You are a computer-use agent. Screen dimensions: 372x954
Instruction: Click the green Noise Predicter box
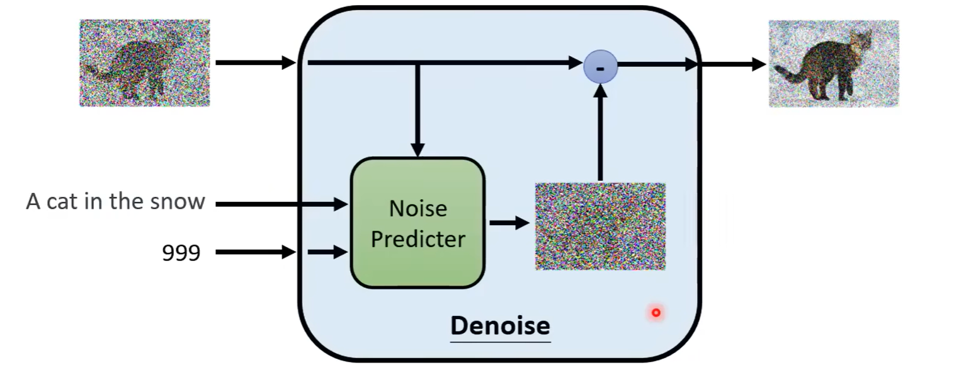click(x=417, y=223)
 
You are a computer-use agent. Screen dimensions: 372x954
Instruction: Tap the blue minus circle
click(x=600, y=66)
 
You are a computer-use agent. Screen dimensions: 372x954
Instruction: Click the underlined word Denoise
click(x=500, y=326)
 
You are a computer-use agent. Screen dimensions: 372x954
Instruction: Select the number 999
click(x=181, y=253)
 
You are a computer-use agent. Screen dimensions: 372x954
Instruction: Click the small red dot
click(x=656, y=312)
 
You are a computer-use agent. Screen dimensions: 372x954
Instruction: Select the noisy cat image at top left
click(x=144, y=62)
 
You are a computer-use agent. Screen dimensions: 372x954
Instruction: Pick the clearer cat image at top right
click(x=833, y=63)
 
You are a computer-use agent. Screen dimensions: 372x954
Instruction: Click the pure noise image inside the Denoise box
click(x=600, y=226)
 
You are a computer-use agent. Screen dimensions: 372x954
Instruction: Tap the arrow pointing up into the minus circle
click(x=600, y=132)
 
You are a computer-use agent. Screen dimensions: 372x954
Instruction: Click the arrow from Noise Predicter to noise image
click(x=509, y=223)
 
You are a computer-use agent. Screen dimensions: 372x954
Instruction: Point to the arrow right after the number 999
click(x=255, y=252)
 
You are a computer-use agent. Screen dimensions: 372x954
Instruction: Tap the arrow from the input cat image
click(x=255, y=62)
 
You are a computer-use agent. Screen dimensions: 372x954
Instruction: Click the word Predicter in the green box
click(x=417, y=239)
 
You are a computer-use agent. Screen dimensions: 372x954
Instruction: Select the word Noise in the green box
click(x=417, y=208)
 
